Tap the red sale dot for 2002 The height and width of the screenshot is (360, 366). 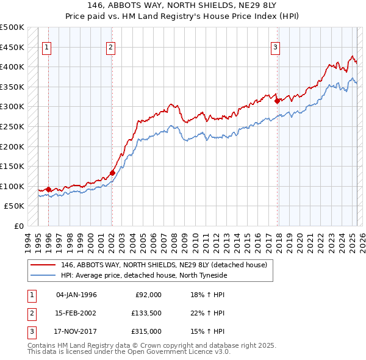(x=113, y=173)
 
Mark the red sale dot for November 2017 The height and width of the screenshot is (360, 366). (x=277, y=101)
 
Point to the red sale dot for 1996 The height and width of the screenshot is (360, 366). (x=49, y=189)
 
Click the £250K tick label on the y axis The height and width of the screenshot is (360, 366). (x=12, y=126)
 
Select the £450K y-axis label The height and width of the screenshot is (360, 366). (x=12, y=47)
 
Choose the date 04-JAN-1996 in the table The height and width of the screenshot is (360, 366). (x=76, y=295)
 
